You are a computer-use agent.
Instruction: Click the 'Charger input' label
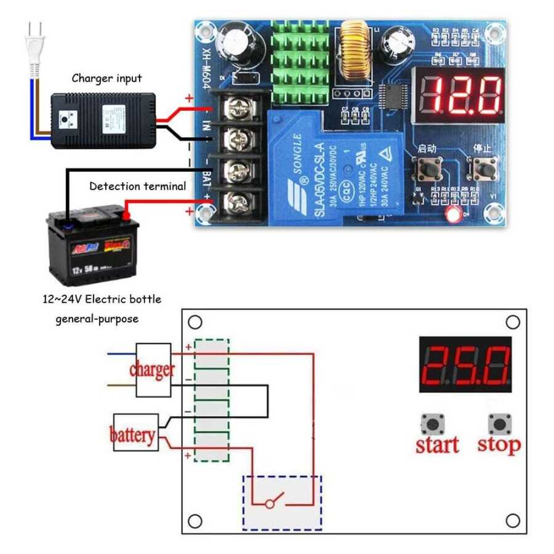click(x=106, y=78)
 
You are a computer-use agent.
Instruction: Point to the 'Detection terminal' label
click(x=137, y=186)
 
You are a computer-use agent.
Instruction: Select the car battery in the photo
click(x=93, y=246)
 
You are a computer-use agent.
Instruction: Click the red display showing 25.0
click(x=465, y=364)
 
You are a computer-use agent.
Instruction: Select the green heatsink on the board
click(x=300, y=62)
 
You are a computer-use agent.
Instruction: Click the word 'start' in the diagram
click(x=437, y=444)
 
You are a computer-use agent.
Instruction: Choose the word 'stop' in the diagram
click(x=499, y=444)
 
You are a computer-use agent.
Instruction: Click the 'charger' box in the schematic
click(x=153, y=370)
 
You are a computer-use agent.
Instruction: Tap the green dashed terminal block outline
click(x=212, y=400)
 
